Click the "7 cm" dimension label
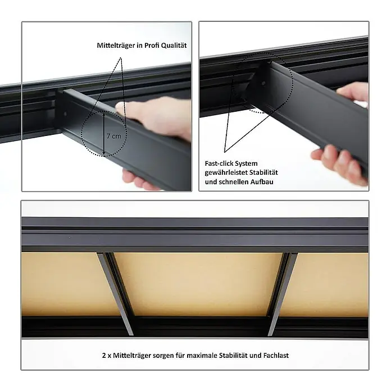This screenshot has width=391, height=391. click(x=113, y=136)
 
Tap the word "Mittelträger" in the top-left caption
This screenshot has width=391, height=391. click(x=116, y=46)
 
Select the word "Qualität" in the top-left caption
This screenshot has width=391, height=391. click(x=174, y=46)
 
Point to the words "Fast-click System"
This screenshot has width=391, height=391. click(x=231, y=163)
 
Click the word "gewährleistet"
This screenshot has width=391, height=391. click(x=226, y=172)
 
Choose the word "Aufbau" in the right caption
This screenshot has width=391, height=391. click(x=262, y=182)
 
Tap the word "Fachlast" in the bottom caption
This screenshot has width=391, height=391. click(x=276, y=356)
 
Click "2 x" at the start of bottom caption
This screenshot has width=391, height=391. click(x=107, y=356)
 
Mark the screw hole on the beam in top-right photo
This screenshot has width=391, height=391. click(x=263, y=83)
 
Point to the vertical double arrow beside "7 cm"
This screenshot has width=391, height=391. click(x=104, y=133)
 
